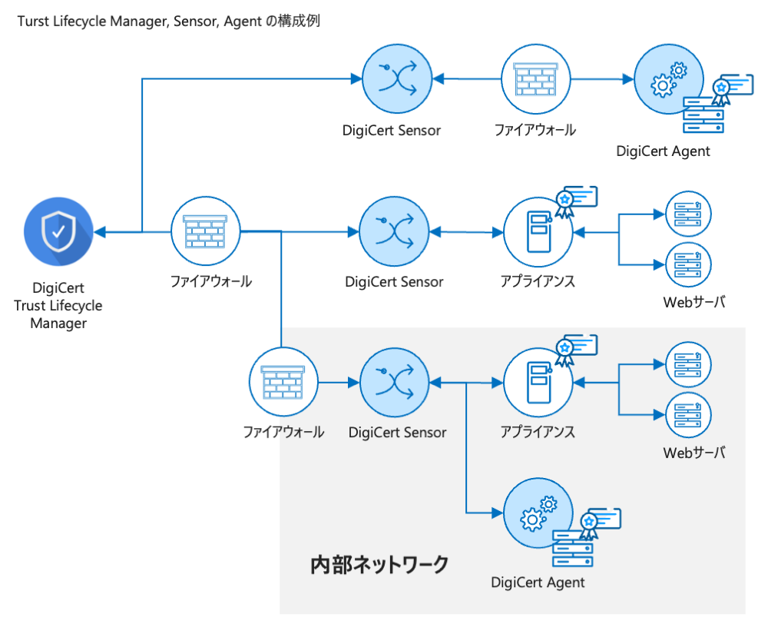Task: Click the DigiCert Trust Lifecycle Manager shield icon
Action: click(58, 231)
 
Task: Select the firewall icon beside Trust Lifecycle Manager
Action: click(204, 231)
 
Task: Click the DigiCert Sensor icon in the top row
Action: click(396, 79)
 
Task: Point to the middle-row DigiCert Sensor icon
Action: click(394, 231)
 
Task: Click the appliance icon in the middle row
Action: click(538, 231)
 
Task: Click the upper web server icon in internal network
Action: click(688, 364)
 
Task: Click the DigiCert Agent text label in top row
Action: click(663, 151)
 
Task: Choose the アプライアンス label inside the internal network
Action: click(538, 432)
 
